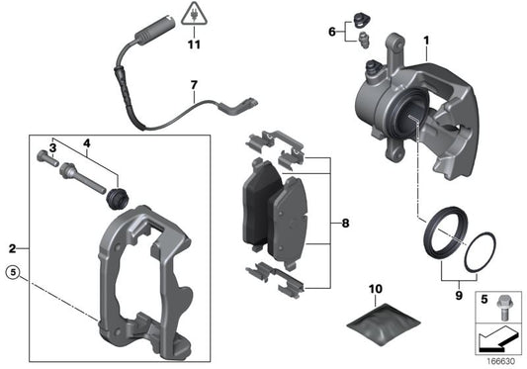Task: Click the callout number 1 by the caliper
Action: click(426, 41)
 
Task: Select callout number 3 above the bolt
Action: click(52, 147)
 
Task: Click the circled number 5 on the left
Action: click(13, 272)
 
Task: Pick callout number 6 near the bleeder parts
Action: click(331, 32)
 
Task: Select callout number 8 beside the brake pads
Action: click(344, 225)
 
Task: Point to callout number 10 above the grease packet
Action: click(375, 289)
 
